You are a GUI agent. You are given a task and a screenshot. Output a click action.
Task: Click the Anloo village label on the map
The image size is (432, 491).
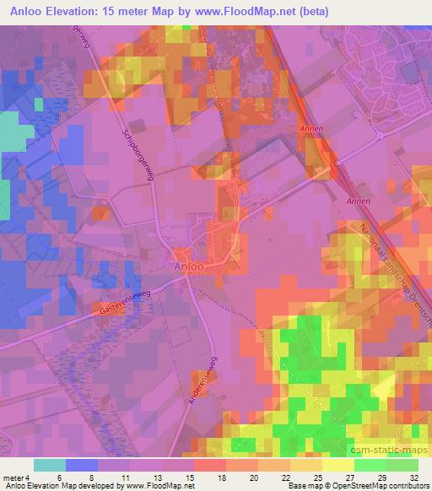[x=189, y=267]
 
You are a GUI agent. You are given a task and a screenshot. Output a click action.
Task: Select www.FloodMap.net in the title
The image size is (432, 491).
[x=252, y=11]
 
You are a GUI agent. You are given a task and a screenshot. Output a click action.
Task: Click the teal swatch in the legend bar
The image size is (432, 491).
[x=50, y=465]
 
